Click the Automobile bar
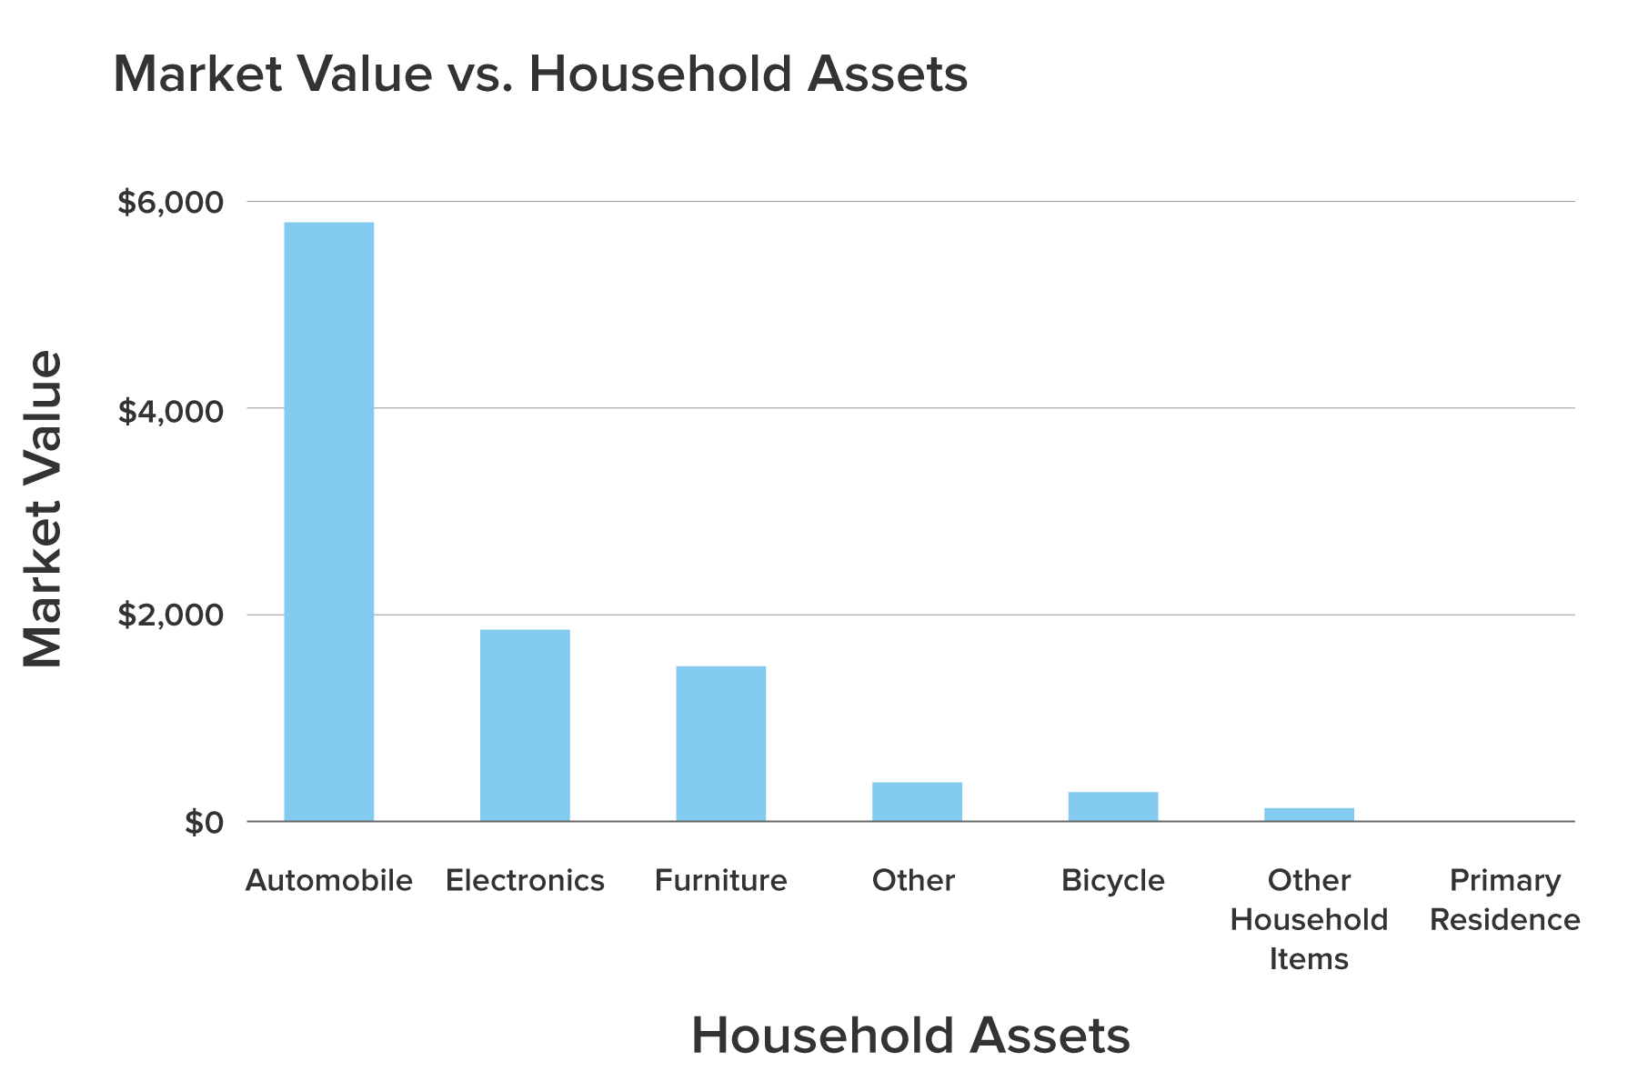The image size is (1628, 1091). (x=329, y=522)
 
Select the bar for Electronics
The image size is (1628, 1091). (x=525, y=726)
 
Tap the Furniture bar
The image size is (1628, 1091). (x=720, y=744)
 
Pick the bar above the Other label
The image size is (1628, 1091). (x=917, y=802)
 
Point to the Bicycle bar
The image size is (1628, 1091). (x=1112, y=806)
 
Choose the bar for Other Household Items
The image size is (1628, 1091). (x=1309, y=815)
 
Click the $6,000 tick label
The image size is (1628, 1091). (x=170, y=203)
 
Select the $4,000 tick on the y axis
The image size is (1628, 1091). (x=170, y=411)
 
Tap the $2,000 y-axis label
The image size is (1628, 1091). (x=170, y=616)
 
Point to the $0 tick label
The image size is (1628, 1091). (x=204, y=823)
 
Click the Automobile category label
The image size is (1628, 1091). (x=329, y=880)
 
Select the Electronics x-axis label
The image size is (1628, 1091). (x=525, y=880)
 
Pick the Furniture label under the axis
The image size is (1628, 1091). (x=720, y=880)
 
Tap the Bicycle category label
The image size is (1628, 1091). (x=1112, y=880)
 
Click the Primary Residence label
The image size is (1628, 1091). (x=1504, y=900)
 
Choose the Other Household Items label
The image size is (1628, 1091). (x=1309, y=919)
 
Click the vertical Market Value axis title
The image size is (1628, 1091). (x=42, y=509)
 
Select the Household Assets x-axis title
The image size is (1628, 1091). (x=910, y=1036)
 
